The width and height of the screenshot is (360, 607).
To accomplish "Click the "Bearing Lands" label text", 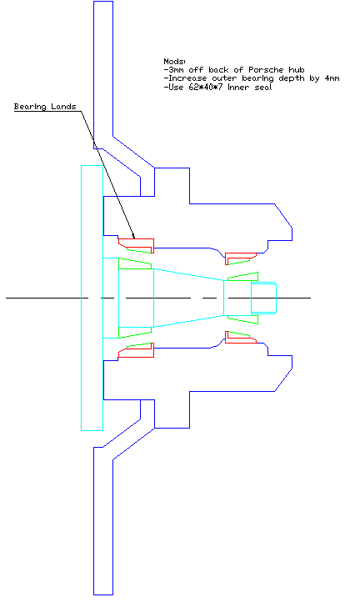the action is (45, 107).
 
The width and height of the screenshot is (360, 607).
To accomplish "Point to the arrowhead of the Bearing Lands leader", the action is (133, 236).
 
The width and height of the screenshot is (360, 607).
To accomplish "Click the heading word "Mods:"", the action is (174, 61).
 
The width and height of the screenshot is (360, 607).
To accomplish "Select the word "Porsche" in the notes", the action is (266, 70).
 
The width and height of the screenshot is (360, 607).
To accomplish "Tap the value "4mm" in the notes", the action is (332, 78).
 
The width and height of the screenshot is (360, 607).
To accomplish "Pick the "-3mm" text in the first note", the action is (174, 70).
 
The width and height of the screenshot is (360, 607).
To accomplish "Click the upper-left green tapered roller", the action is (134, 263).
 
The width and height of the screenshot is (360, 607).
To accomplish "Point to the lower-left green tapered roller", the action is (134, 333).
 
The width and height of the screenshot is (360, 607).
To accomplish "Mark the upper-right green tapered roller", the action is (243, 277).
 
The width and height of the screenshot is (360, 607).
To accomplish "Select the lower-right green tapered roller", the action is (243, 320).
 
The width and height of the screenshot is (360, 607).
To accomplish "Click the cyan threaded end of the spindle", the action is (263, 298).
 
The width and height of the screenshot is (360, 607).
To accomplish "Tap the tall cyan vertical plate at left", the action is (92, 298).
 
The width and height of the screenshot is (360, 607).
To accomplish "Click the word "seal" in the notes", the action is (263, 87).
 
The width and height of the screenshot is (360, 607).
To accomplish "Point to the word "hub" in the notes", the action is (297, 70).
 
